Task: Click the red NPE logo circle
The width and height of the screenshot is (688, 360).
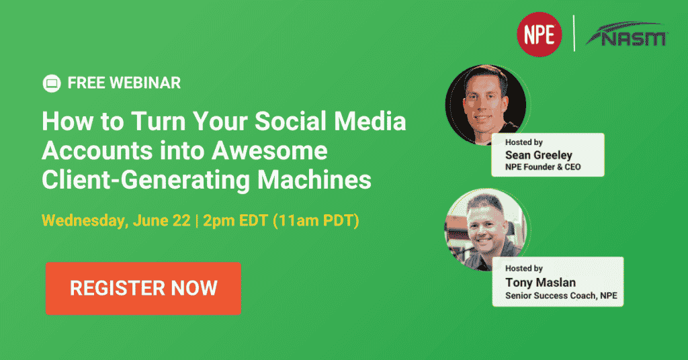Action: tap(540, 34)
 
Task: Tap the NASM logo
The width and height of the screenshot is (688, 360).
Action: tap(627, 34)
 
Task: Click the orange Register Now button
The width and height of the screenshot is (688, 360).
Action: tap(144, 288)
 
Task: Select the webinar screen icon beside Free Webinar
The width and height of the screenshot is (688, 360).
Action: tap(52, 83)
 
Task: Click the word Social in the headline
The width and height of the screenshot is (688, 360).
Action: tap(290, 121)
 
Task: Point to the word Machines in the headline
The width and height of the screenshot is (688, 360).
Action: tap(314, 180)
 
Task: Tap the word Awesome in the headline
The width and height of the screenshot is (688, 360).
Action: tap(269, 150)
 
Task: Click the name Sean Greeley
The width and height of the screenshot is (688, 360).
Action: tap(538, 154)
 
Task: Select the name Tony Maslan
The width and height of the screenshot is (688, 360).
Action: tap(540, 282)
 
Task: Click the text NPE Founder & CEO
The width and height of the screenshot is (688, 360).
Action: tap(543, 167)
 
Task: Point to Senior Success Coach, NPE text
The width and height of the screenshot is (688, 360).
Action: tap(561, 296)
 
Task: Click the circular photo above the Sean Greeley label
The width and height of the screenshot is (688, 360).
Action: tap(485, 105)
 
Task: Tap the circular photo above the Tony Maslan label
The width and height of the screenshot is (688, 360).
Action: tap(485, 229)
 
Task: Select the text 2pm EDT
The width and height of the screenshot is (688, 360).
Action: tap(235, 220)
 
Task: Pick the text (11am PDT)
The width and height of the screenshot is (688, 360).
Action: tap(316, 220)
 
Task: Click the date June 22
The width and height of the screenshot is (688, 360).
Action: tap(162, 220)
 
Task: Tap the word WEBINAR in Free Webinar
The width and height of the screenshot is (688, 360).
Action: tap(145, 83)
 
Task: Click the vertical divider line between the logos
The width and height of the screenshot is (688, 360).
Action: tap(574, 34)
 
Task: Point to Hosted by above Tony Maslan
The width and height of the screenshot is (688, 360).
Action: tap(524, 269)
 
